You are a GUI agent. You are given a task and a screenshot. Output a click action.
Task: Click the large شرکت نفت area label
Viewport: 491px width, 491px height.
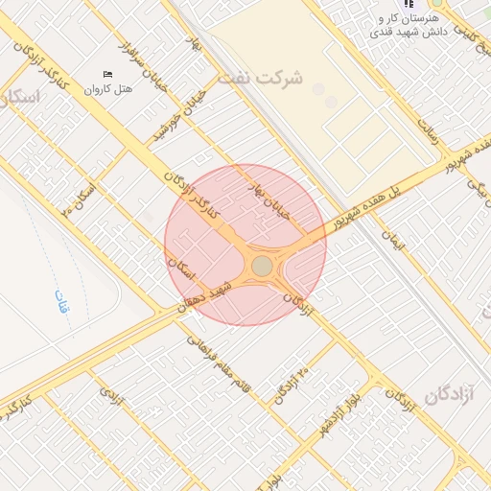(x=260, y=78)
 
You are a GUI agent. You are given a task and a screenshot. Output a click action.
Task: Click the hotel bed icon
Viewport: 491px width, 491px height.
(x=107, y=74)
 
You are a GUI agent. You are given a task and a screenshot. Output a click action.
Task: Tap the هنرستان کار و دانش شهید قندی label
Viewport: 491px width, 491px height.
(x=405, y=26)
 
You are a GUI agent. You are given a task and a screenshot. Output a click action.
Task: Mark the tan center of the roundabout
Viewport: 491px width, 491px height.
(x=262, y=266)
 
